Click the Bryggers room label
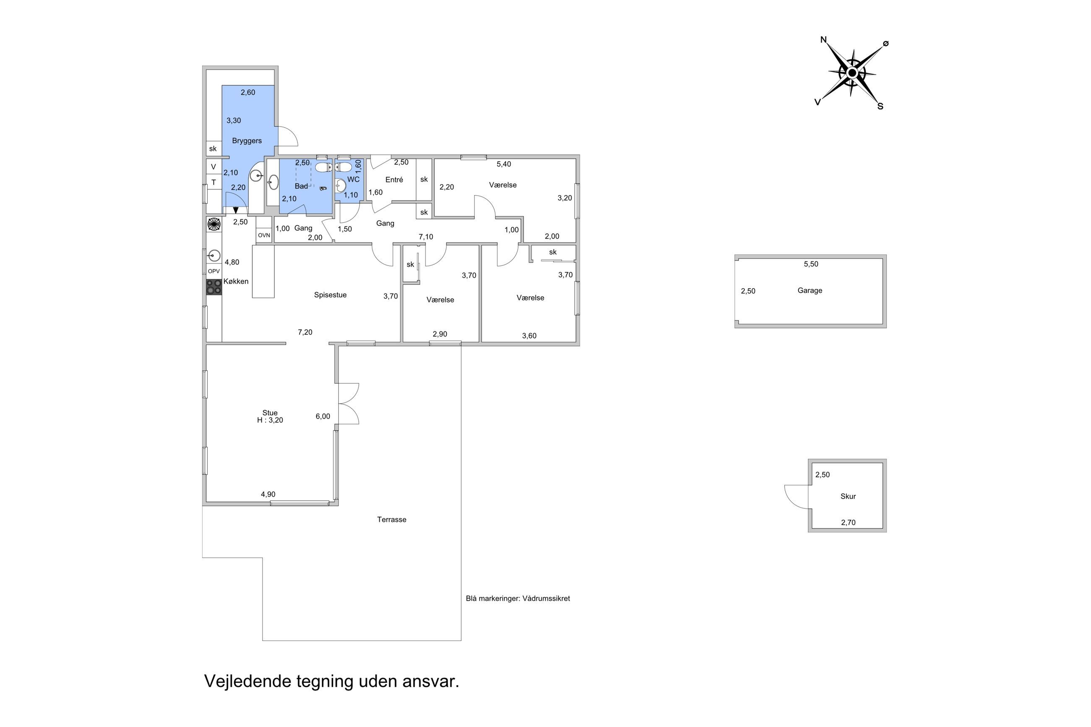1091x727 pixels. click(x=247, y=141)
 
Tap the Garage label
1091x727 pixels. click(x=809, y=291)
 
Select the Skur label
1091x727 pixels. click(x=848, y=496)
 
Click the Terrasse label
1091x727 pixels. click(x=392, y=520)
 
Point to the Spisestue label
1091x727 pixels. click(x=330, y=295)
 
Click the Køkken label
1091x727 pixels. click(x=236, y=281)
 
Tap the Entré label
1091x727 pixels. click(x=394, y=180)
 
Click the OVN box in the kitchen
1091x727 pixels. click(x=264, y=235)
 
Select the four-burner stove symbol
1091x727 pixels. click(x=214, y=287)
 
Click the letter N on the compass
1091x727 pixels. click(x=823, y=40)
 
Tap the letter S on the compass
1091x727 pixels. click(x=880, y=107)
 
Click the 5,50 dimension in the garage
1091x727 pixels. click(x=811, y=264)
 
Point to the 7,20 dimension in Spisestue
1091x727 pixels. click(x=305, y=332)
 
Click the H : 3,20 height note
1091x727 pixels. click(x=270, y=420)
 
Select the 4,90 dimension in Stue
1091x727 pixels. click(x=268, y=495)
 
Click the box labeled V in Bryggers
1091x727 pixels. click(x=213, y=167)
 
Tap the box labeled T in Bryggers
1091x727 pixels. click(x=214, y=182)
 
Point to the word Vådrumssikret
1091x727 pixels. click(x=546, y=599)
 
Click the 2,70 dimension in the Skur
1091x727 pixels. click(x=848, y=523)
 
